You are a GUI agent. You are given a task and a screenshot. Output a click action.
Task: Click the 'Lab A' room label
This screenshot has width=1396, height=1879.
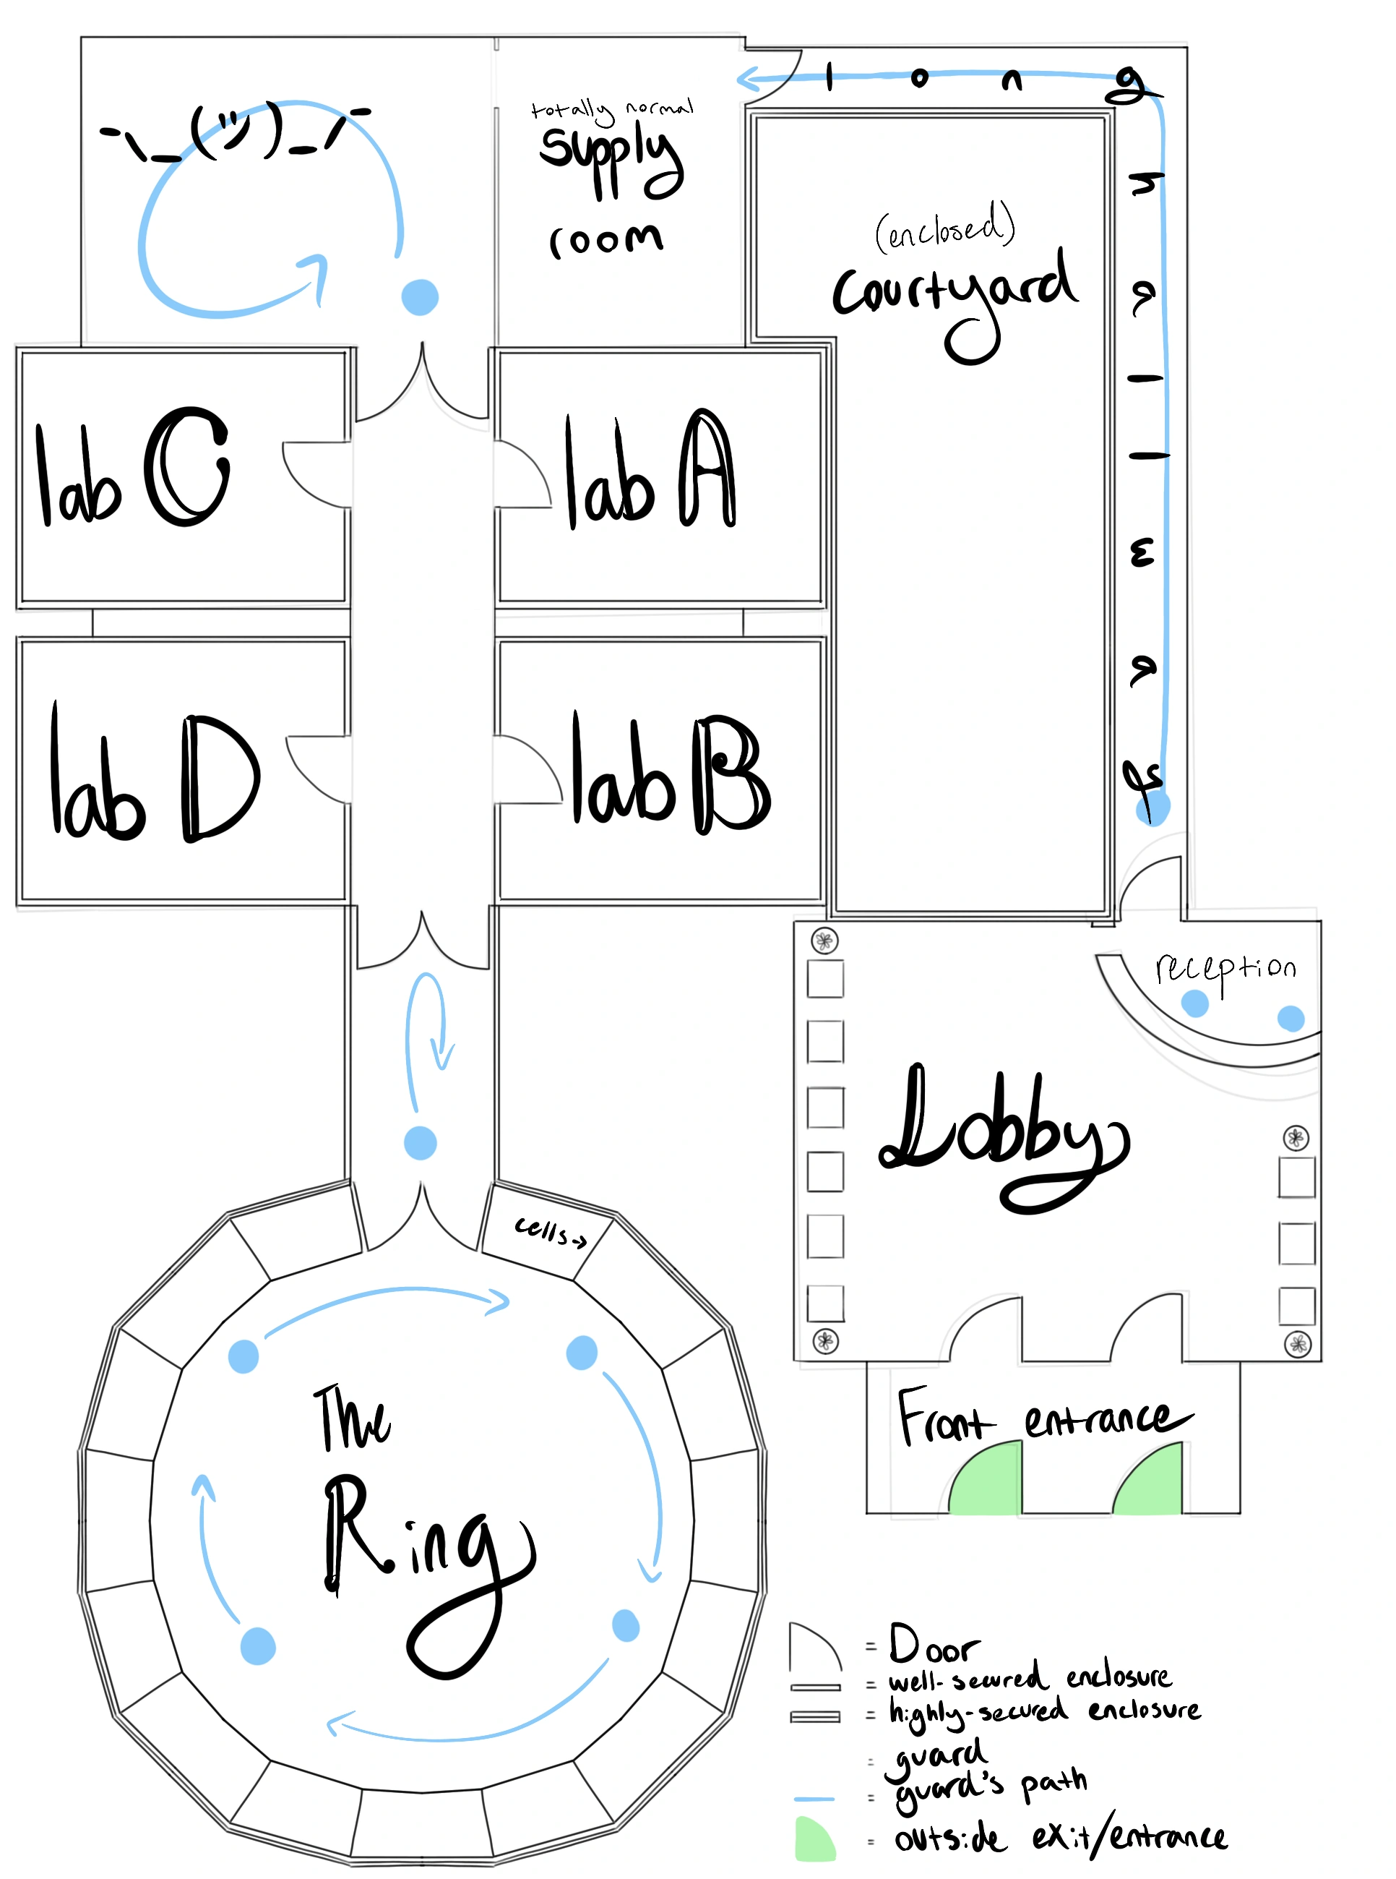pos(649,471)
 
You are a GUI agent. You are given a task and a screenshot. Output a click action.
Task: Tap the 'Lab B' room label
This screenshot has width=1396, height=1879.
pos(669,774)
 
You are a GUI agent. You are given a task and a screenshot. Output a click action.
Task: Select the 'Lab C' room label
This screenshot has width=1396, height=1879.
pos(133,468)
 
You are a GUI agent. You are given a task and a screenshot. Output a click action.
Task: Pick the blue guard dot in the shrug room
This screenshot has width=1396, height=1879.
pos(420,296)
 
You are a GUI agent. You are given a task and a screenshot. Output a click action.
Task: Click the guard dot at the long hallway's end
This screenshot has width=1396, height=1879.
pos(1152,808)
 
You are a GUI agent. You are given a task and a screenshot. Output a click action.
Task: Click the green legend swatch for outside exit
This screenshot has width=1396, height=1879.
pos(814,1839)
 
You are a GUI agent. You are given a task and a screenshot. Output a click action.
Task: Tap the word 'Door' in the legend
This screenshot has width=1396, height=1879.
pos(933,1645)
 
